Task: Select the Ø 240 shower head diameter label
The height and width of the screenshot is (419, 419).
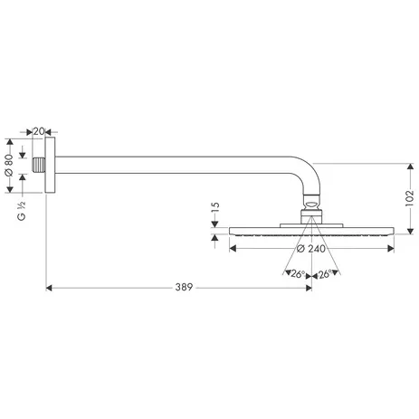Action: click(x=310, y=249)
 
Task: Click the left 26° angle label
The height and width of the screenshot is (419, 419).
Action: click(x=294, y=273)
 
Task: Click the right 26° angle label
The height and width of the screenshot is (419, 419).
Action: click(x=326, y=273)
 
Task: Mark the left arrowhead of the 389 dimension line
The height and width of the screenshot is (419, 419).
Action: click(x=50, y=289)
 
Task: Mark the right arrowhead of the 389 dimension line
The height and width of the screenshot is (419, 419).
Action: click(x=306, y=289)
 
